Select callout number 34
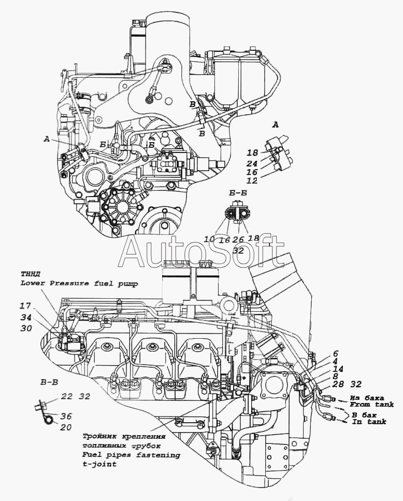coord(26,317)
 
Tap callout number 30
coord(26,328)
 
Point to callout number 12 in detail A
coord(252,181)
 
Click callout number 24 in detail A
coord(252,163)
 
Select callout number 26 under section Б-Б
coord(238,240)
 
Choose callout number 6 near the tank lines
coord(336,353)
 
